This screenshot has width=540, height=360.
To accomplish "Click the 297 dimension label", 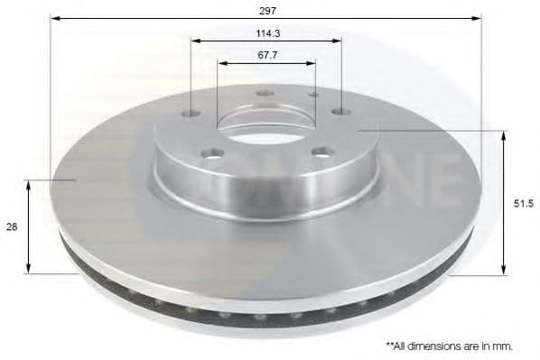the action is [x=267, y=11].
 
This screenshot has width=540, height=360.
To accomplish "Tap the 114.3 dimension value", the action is [x=268, y=33].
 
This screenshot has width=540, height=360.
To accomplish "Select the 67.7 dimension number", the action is [x=267, y=55].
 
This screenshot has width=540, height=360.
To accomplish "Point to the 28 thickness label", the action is [x=12, y=227].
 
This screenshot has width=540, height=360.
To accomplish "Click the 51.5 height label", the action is [x=524, y=204].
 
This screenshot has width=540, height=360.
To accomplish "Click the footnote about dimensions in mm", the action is [x=450, y=346].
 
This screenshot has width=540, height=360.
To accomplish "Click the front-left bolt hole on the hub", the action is [x=213, y=153].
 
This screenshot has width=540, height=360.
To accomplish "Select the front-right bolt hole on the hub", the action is [x=321, y=152].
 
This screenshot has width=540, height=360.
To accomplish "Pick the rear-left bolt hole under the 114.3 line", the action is [x=191, y=113].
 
